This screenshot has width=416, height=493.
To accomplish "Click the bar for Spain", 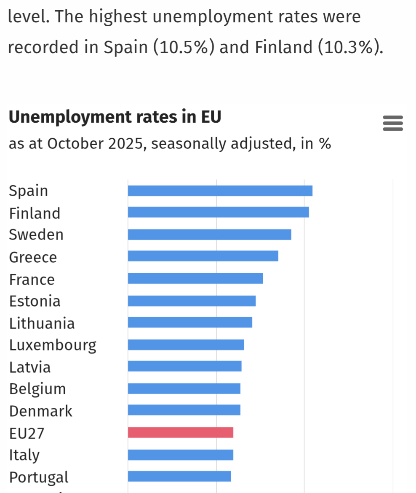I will coord(220,191).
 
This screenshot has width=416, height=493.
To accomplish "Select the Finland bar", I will coord(218,212).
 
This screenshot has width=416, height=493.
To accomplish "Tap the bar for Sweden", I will coord(209,234).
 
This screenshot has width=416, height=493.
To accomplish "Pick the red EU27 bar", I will coord(180,432).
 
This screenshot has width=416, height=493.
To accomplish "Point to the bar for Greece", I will coord(203,256).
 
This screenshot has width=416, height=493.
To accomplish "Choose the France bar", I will coord(195,278).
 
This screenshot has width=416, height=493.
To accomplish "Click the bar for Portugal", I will coord(179,476).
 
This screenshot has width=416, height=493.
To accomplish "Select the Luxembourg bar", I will coord(186,345).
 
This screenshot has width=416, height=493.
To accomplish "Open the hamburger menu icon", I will coord(393,123).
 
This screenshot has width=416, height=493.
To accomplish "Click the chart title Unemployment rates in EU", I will coord(115,117).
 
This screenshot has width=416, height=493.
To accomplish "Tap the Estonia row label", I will coord(35,301).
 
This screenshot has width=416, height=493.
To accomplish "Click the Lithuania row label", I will coord(42,323).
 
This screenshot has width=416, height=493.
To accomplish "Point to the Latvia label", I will coord(30,367).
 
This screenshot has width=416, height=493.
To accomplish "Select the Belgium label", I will coord(37,389).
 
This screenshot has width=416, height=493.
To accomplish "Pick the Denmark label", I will coord(41,411).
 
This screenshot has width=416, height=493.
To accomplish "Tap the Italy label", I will coord(24,455).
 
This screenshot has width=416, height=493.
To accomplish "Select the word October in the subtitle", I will coord(75,144).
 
